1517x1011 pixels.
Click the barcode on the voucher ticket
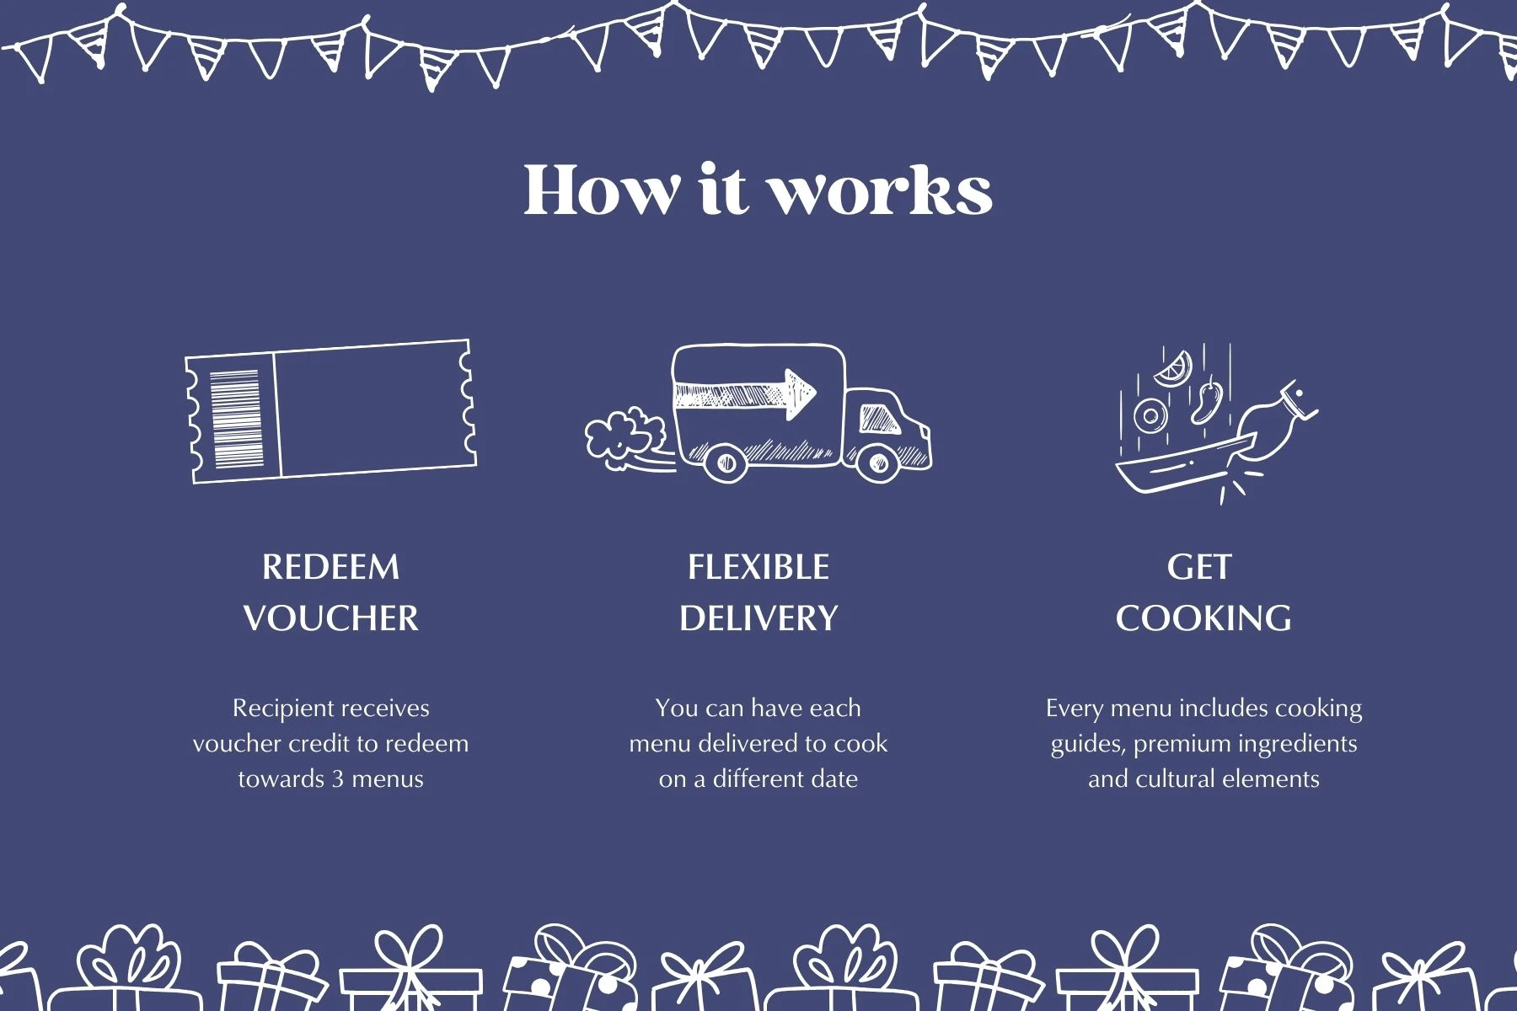pyautogui.click(x=236, y=419)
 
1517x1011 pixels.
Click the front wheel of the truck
pyautogui.click(x=877, y=462)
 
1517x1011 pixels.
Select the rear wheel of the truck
pyautogui.click(x=725, y=462)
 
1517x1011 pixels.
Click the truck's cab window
pyautogui.click(x=879, y=418)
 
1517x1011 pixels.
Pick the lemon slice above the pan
pyautogui.click(x=1173, y=367)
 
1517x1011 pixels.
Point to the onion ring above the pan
pyautogui.click(x=1150, y=415)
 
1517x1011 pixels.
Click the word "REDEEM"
pyautogui.click(x=330, y=567)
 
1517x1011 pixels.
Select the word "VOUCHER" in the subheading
pyautogui.click(x=330, y=618)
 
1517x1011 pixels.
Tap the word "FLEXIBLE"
pyautogui.click(x=758, y=567)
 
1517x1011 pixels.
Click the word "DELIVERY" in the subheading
pyautogui.click(x=758, y=618)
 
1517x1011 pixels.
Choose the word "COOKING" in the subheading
pyautogui.click(x=1203, y=618)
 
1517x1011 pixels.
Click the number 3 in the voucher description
pyautogui.click(x=337, y=778)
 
